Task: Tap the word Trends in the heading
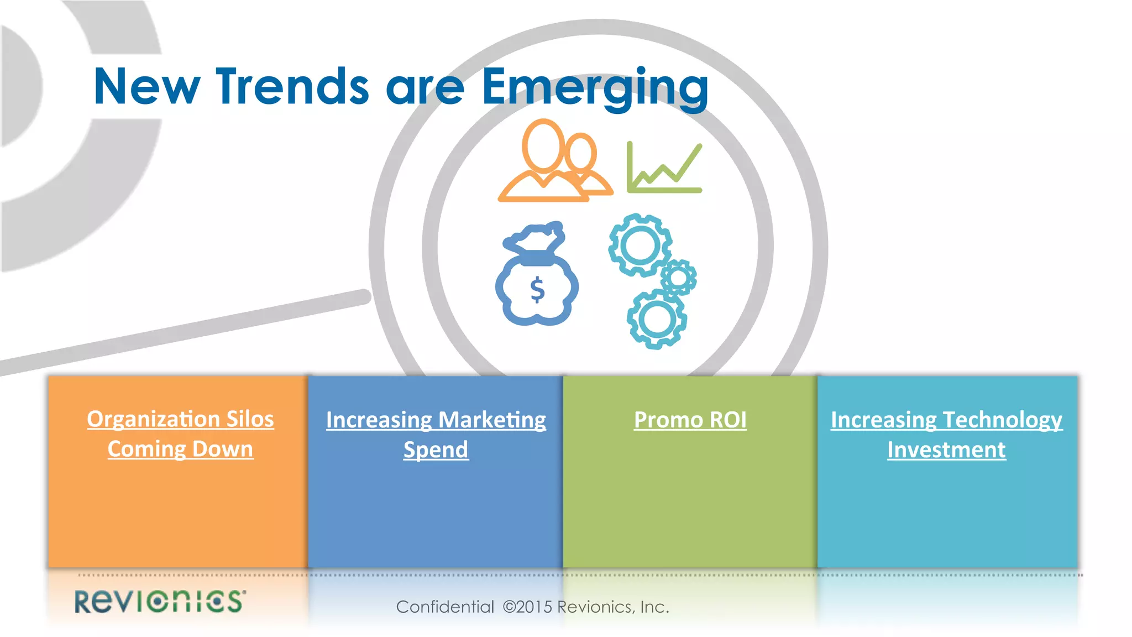point(292,86)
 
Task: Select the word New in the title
point(146,86)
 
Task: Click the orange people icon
point(554,161)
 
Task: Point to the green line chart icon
point(664,168)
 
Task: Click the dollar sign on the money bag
point(537,290)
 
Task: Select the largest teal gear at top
point(640,245)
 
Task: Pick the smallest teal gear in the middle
point(678,277)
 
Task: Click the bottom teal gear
point(657,320)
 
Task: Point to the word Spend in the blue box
point(436,450)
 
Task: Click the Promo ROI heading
point(690,420)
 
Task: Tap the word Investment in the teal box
point(946,450)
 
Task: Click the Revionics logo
point(160,602)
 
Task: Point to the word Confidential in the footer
point(445,607)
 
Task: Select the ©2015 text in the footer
point(527,607)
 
